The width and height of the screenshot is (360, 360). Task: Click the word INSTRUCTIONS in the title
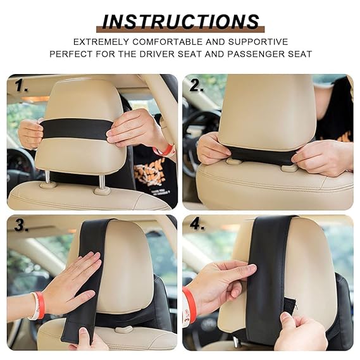pos(180,22)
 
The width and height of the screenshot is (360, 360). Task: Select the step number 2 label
pos(197,86)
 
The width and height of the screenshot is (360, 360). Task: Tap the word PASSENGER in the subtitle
pos(242,54)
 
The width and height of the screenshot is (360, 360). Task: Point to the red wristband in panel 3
pos(40,304)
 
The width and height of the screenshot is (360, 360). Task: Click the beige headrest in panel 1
pos(79,101)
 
